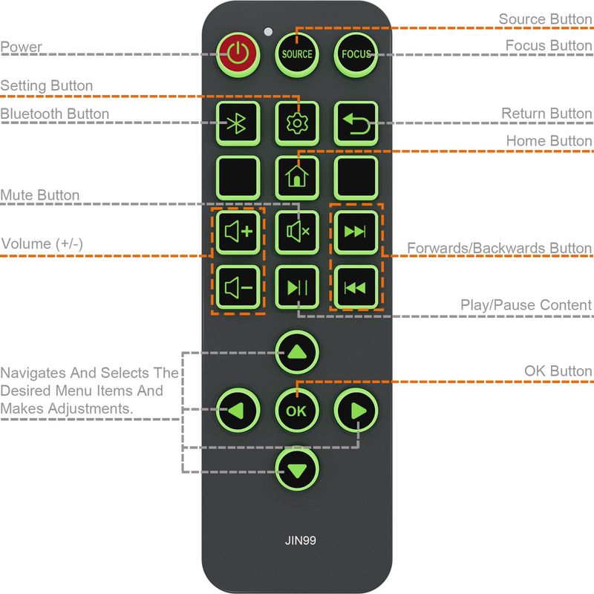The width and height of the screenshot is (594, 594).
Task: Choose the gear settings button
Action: [x=296, y=123]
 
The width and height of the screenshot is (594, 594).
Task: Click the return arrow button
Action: [x=356, y=123]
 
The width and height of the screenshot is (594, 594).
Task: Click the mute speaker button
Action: [x=296, y=231]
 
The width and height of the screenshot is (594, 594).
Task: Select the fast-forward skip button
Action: [x=356, y=231]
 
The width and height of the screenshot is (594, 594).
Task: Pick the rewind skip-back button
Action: [x=356, y=287]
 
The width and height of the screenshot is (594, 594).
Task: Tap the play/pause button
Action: [x=296, y=287]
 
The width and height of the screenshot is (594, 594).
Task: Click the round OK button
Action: [x=296, y=410]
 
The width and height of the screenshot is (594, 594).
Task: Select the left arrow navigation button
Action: [x=238, y=410]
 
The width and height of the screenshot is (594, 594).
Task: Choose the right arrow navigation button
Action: [x=356, y=410]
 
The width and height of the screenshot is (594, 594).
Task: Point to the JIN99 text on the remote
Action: [x=296, y=540]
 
